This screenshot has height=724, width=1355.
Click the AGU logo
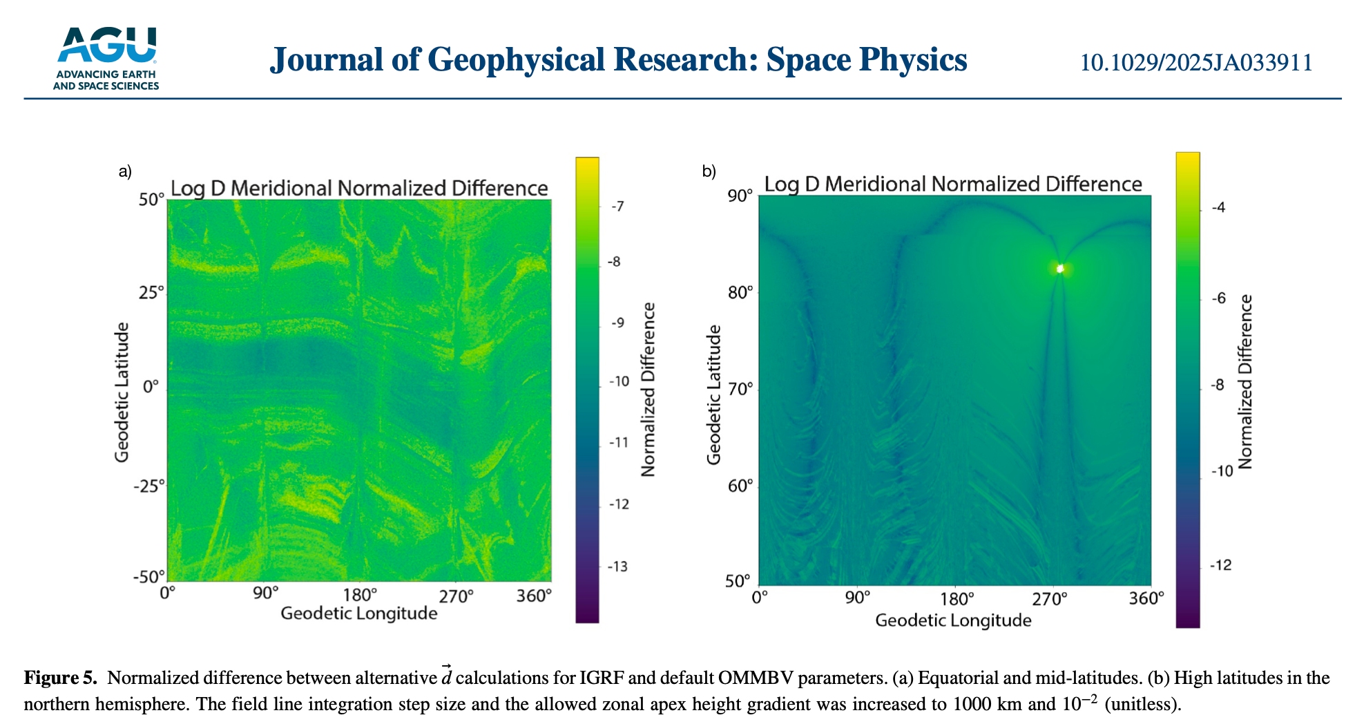coord(106,58)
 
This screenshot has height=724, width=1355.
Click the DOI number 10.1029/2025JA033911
coord(1195,63)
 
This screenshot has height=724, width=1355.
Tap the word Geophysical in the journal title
coord(517,60)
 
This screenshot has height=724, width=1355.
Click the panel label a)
coord(125,171)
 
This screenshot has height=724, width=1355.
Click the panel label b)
coord(709,171)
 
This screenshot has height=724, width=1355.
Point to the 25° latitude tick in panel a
coord(151,293)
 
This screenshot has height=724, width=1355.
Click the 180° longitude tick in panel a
coord(360,595)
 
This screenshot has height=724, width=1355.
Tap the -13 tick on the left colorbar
coord(617,567)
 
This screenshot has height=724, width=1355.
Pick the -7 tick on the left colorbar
coord(617,207)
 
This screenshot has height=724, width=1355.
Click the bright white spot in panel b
coord(1059,269)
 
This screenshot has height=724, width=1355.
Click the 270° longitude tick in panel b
coord(1050,599)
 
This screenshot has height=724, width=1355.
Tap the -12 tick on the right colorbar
coord(1220,566)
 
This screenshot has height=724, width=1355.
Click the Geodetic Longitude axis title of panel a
coord(358,613)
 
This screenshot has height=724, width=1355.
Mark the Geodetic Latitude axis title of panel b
coord(713,394)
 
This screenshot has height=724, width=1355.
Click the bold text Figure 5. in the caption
coord(61,678)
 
